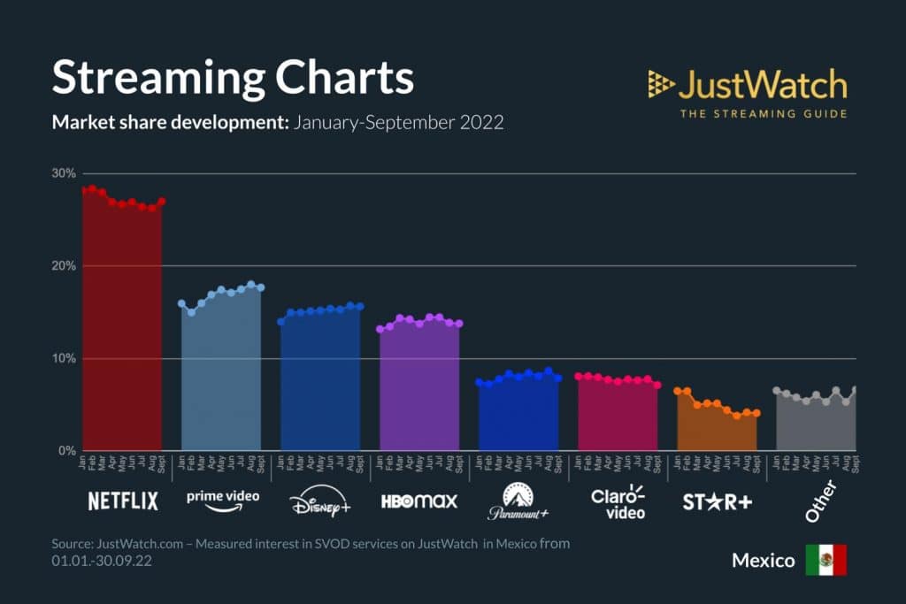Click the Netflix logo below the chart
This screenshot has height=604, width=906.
tap(123, 501)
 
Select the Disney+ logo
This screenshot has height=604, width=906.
tap(319, 502)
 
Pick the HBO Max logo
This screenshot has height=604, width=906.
tap(419, 501)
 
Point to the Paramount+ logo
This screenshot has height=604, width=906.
tap(518, 502)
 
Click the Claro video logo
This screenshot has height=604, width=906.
tap(618, 501)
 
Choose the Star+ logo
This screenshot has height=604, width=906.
tap(717, 501)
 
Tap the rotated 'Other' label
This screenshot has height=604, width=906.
tap(820, 501)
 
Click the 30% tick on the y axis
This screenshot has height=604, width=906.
tap(63, 173)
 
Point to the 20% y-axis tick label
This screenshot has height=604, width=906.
tap(63, 266)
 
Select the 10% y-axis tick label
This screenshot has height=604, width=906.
tap(63, 358)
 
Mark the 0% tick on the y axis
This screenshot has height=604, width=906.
tap(66, 451)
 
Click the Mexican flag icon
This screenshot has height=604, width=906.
tap(825, 560)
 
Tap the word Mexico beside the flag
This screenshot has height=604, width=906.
tap(763, 561)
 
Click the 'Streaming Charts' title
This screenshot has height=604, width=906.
tap(233, 78)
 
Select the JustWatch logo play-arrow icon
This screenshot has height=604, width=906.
tap(660, 84)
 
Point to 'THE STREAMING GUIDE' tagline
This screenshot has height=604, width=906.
tap(763, 113)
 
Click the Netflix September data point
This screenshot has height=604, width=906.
tap(161, 202)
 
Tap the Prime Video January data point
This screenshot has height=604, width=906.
tap(181, 303)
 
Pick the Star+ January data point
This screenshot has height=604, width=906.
tap(678, 391)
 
